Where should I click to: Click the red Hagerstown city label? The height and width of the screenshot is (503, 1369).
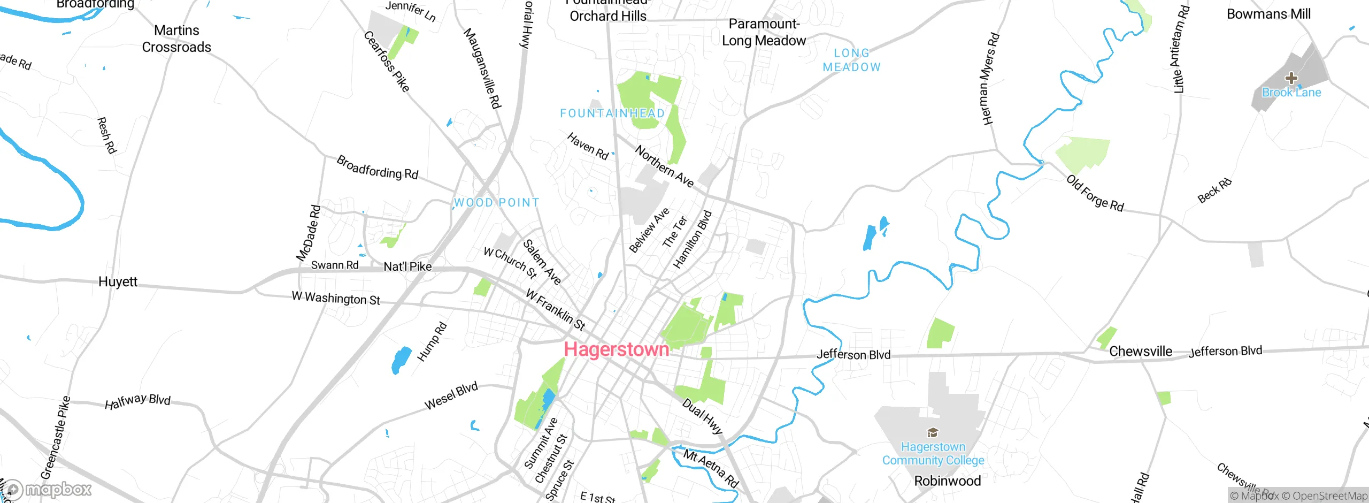pos(616,349)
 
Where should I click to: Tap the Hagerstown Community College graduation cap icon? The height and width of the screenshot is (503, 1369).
pos(933,432)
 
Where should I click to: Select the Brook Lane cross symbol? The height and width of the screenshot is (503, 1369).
pos(1291,78)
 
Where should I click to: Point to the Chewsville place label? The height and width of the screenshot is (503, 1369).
pos(1140,352)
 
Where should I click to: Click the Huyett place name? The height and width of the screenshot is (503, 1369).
pos(118,282)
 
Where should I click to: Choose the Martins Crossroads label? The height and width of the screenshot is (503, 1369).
pos(176,39)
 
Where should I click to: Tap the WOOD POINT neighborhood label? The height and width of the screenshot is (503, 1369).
pos(496,203)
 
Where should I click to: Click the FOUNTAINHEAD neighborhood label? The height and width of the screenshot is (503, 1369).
pos(612,113)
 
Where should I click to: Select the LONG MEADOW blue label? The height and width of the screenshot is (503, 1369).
pos(851,60)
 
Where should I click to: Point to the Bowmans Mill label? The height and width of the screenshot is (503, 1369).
pos(1268,14)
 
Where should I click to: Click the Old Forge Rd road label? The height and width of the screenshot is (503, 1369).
pos(1095,193)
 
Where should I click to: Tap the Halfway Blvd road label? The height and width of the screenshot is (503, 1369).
pos(137,401)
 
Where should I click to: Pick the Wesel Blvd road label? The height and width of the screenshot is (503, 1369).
pos(451,397)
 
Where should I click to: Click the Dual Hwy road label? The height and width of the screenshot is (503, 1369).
pos(702,416)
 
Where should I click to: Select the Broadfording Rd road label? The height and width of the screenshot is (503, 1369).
pos(377,167)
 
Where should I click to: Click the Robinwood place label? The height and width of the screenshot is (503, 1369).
pos(947,481)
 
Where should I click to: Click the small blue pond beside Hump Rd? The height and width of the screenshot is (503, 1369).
pos(401,360)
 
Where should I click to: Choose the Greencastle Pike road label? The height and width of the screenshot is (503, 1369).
pos(55,438)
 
